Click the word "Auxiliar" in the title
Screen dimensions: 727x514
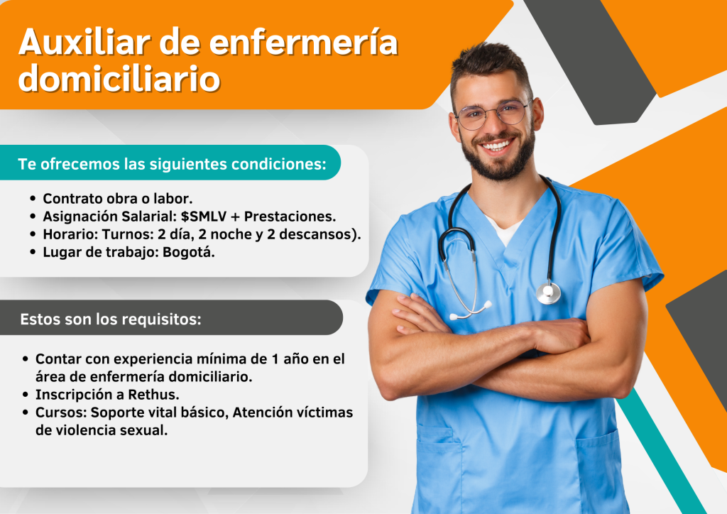coord(84,42)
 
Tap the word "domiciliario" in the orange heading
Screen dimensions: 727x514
coord(119,78)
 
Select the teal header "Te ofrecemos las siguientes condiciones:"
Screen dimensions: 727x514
coord(172,164)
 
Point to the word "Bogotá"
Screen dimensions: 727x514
coord(188,253)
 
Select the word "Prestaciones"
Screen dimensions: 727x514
coord(290,217)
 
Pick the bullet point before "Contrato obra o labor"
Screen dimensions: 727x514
coord(33,199)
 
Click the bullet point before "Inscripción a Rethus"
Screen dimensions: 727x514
coord(26,395)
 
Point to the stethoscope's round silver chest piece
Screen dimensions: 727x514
coord(549,293)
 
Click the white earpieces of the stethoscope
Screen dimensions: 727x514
coord(471,312)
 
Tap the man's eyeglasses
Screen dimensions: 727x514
coord(493,114)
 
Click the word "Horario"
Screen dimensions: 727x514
coord(70,234)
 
